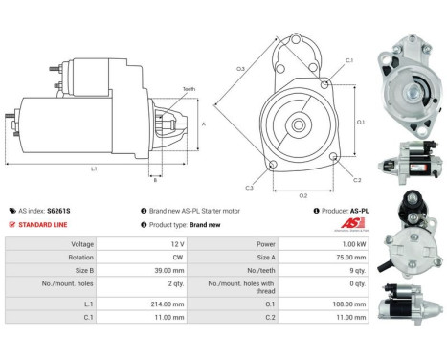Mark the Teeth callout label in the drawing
pyautogui.click(x=189, y=89)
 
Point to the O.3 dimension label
pyautogui.click(x=240, y=68)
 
